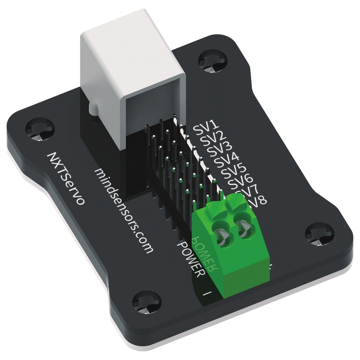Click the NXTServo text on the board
[x=66, y=178]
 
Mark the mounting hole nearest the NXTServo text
[x=41, y=130]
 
